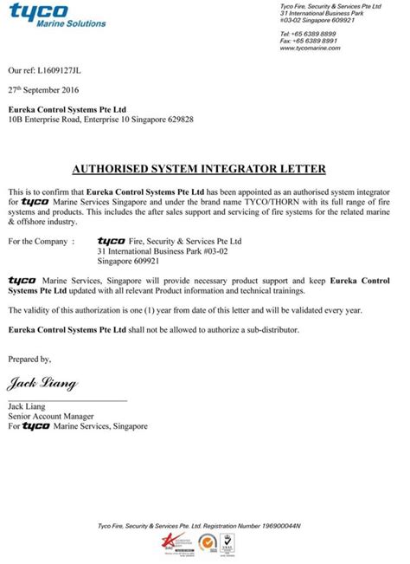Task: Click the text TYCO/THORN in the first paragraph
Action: click(269, 200)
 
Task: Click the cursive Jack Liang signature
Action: click(42, 383)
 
